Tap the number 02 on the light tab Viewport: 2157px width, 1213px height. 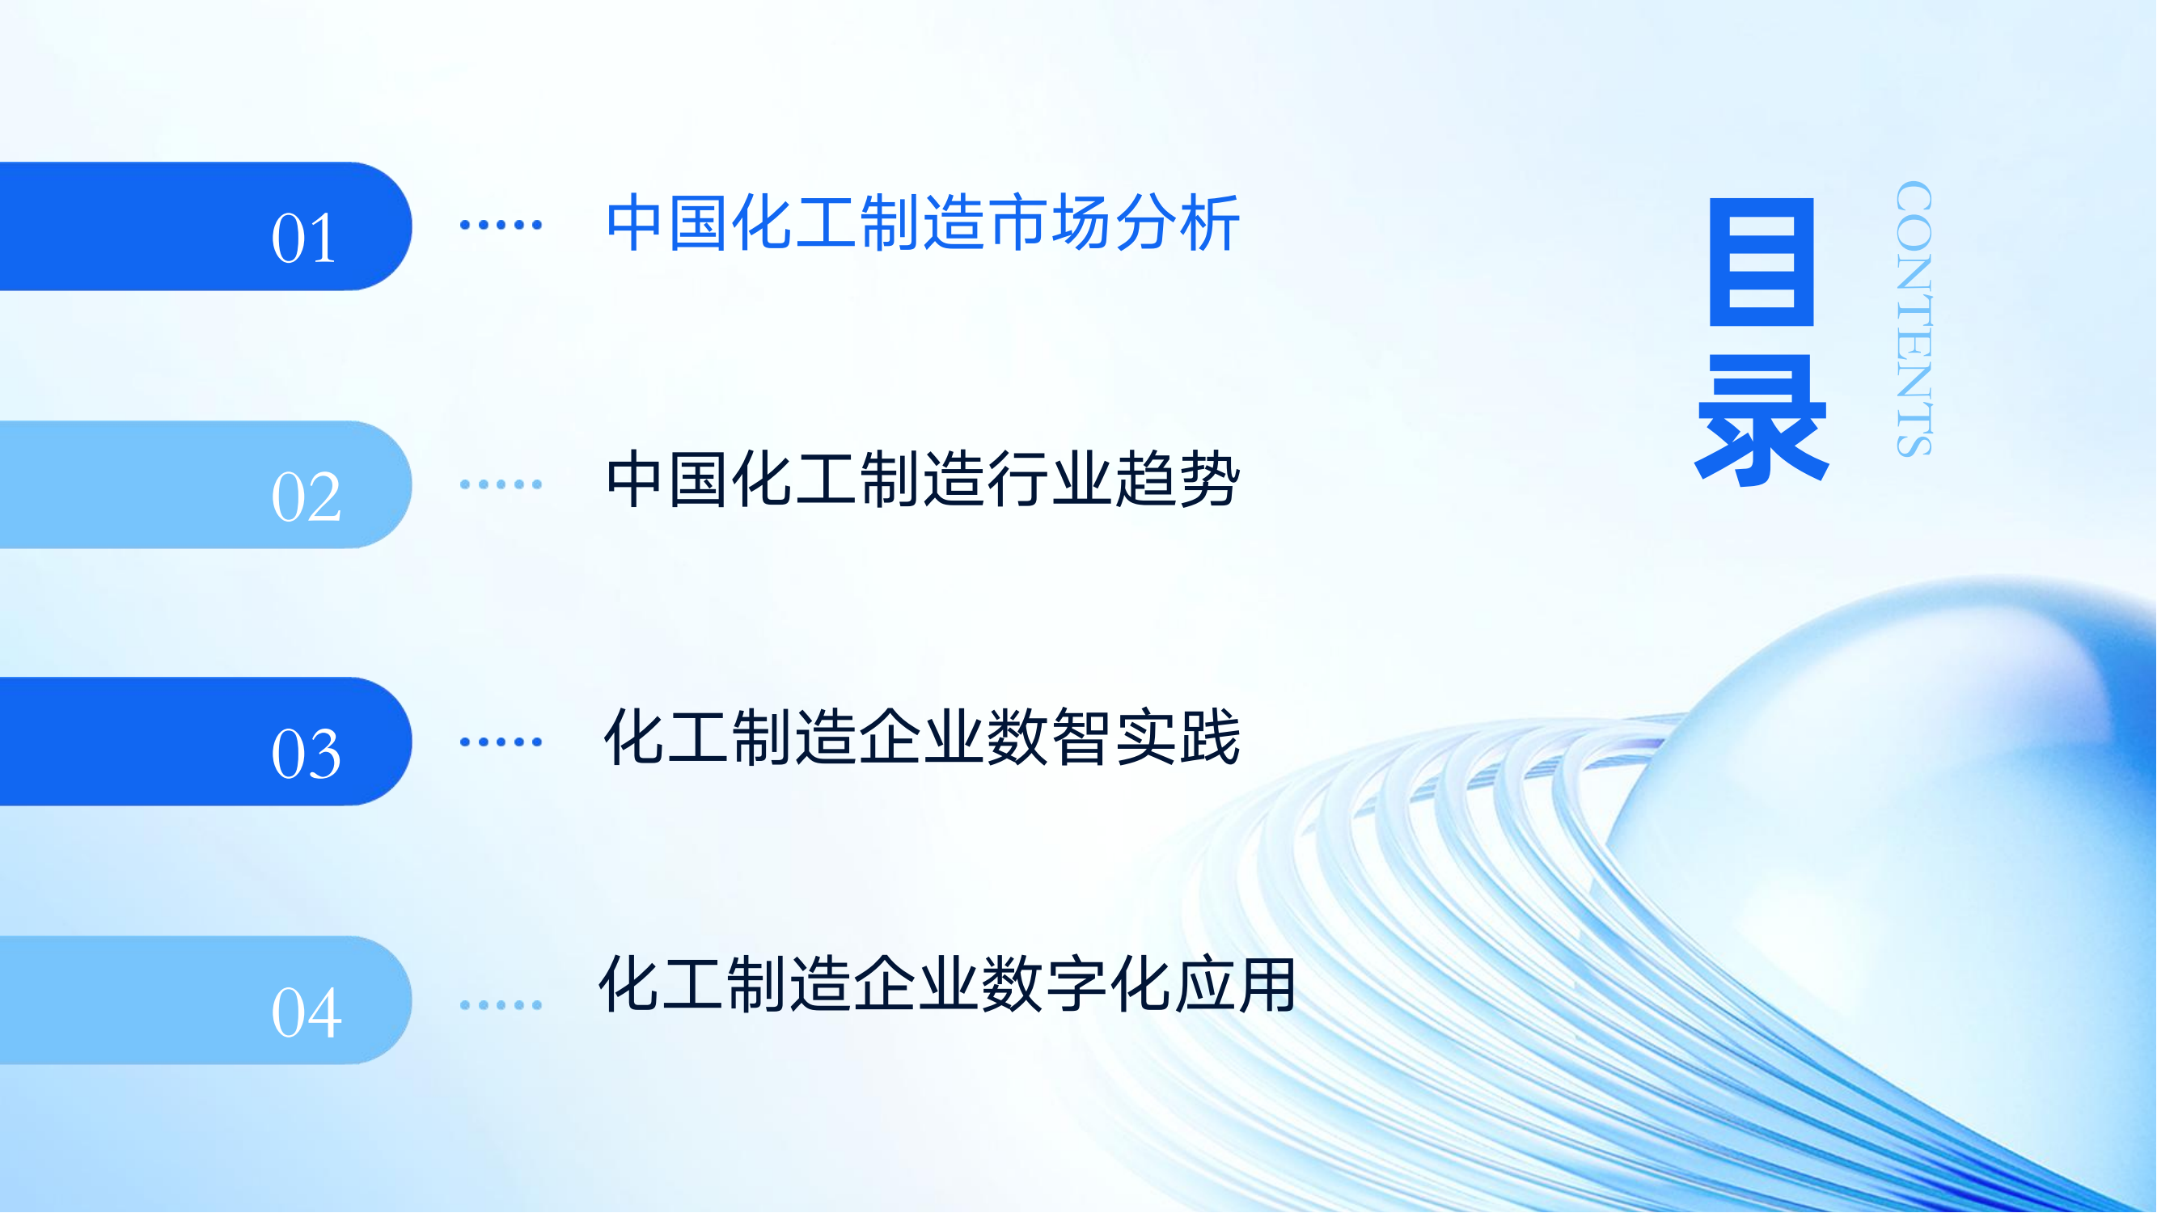(x=306, y=497)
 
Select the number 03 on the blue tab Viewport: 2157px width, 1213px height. (x=306, y=754)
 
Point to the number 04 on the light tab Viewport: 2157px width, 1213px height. (x=306, y=1012)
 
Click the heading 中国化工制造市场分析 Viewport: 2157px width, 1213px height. (x=923, y=222)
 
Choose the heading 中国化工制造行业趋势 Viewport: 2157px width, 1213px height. (x=923, y=479)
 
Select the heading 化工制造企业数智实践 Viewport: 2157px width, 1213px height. (x=922, y=737)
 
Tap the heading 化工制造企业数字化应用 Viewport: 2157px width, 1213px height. (x=948, y=984)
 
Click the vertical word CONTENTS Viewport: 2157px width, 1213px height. (x=1914, y=319)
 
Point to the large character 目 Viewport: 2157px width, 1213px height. (x=1762, y=262)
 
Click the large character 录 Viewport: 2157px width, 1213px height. (x=1762, y=421)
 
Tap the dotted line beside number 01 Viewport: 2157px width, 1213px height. (x=501, y=224)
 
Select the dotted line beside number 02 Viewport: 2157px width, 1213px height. (x=501, y=484)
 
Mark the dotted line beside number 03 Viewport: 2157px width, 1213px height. (x=501, y=742)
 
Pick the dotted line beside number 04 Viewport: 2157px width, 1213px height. (x=501, y=1004)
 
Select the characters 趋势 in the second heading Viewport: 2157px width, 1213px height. (x=1178, y=479)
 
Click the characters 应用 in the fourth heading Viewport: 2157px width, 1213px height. (x=1235, y=984)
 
